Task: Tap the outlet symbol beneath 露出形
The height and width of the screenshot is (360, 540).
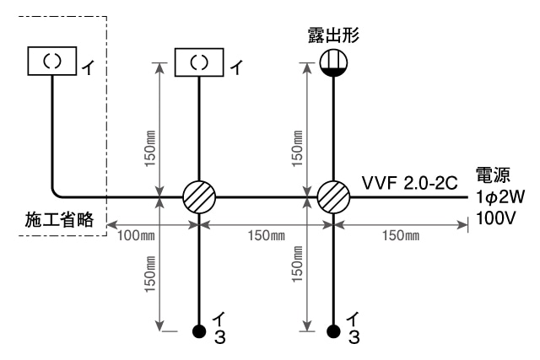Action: pyautogui.click(x=335, y=64)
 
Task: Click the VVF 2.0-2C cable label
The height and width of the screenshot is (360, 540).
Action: pyautogui.click(x=409, y=182)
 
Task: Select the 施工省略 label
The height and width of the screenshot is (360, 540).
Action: pyautogui.click(x=56, y=222)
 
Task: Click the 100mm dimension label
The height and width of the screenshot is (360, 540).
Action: pyautogui.click(x=137, y=235)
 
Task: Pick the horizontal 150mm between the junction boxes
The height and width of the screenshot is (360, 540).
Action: pyautogui.click(x=267, y=235)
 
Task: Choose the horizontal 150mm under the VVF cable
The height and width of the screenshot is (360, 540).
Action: pyautogui.click(x=401, y=235)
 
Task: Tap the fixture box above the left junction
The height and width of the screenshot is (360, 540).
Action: pyautogui.click(x=200, y=61)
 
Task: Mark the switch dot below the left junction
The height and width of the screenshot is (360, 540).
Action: pyautogui.click(x=200, y=329)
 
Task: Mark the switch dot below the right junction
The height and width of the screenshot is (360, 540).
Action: pyautogui.click(x=335, y=329)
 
